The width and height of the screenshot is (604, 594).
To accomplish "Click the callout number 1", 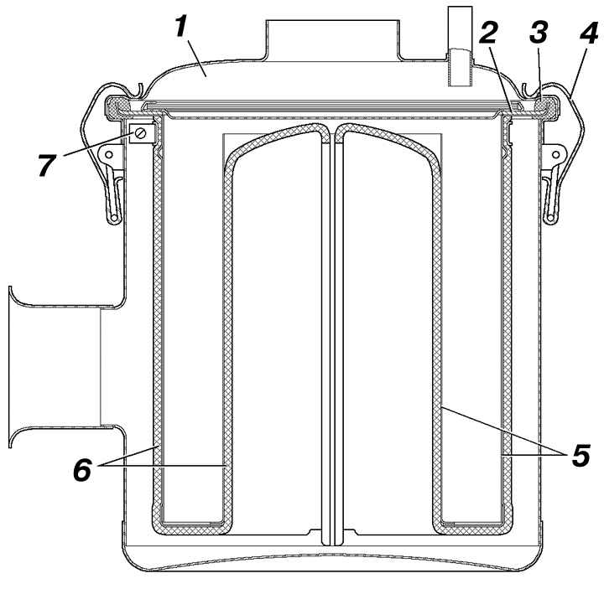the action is pos(181,27).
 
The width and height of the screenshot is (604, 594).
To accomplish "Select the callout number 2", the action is pos(488,33).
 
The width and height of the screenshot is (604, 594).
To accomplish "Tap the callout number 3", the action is pos(539,33).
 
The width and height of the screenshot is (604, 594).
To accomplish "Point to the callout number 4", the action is pos(589,34).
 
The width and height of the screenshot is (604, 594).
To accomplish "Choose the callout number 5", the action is pos(581,456).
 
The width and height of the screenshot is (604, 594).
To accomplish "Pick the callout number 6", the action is pos(82,470).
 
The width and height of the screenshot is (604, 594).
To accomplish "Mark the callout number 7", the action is pos(47,165).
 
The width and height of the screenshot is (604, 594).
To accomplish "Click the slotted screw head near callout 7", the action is pos(140,133).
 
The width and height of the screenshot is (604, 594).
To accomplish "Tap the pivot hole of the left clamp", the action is pos(109,155).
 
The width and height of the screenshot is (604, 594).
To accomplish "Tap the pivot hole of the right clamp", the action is pos(555,155).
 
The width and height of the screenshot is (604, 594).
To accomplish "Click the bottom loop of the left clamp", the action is pos(114,220).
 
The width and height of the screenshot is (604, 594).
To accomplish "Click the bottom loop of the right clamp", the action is pos(550,220).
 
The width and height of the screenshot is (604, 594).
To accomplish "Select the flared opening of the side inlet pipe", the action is pos(11,367).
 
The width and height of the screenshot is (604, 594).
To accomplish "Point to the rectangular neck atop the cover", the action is pos(333,40).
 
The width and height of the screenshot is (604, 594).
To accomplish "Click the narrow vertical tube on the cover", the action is pos(461,46).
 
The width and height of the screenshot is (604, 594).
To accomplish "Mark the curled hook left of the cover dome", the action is pos(138,90).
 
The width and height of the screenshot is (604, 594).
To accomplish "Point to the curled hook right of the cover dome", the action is pos(528,90).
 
